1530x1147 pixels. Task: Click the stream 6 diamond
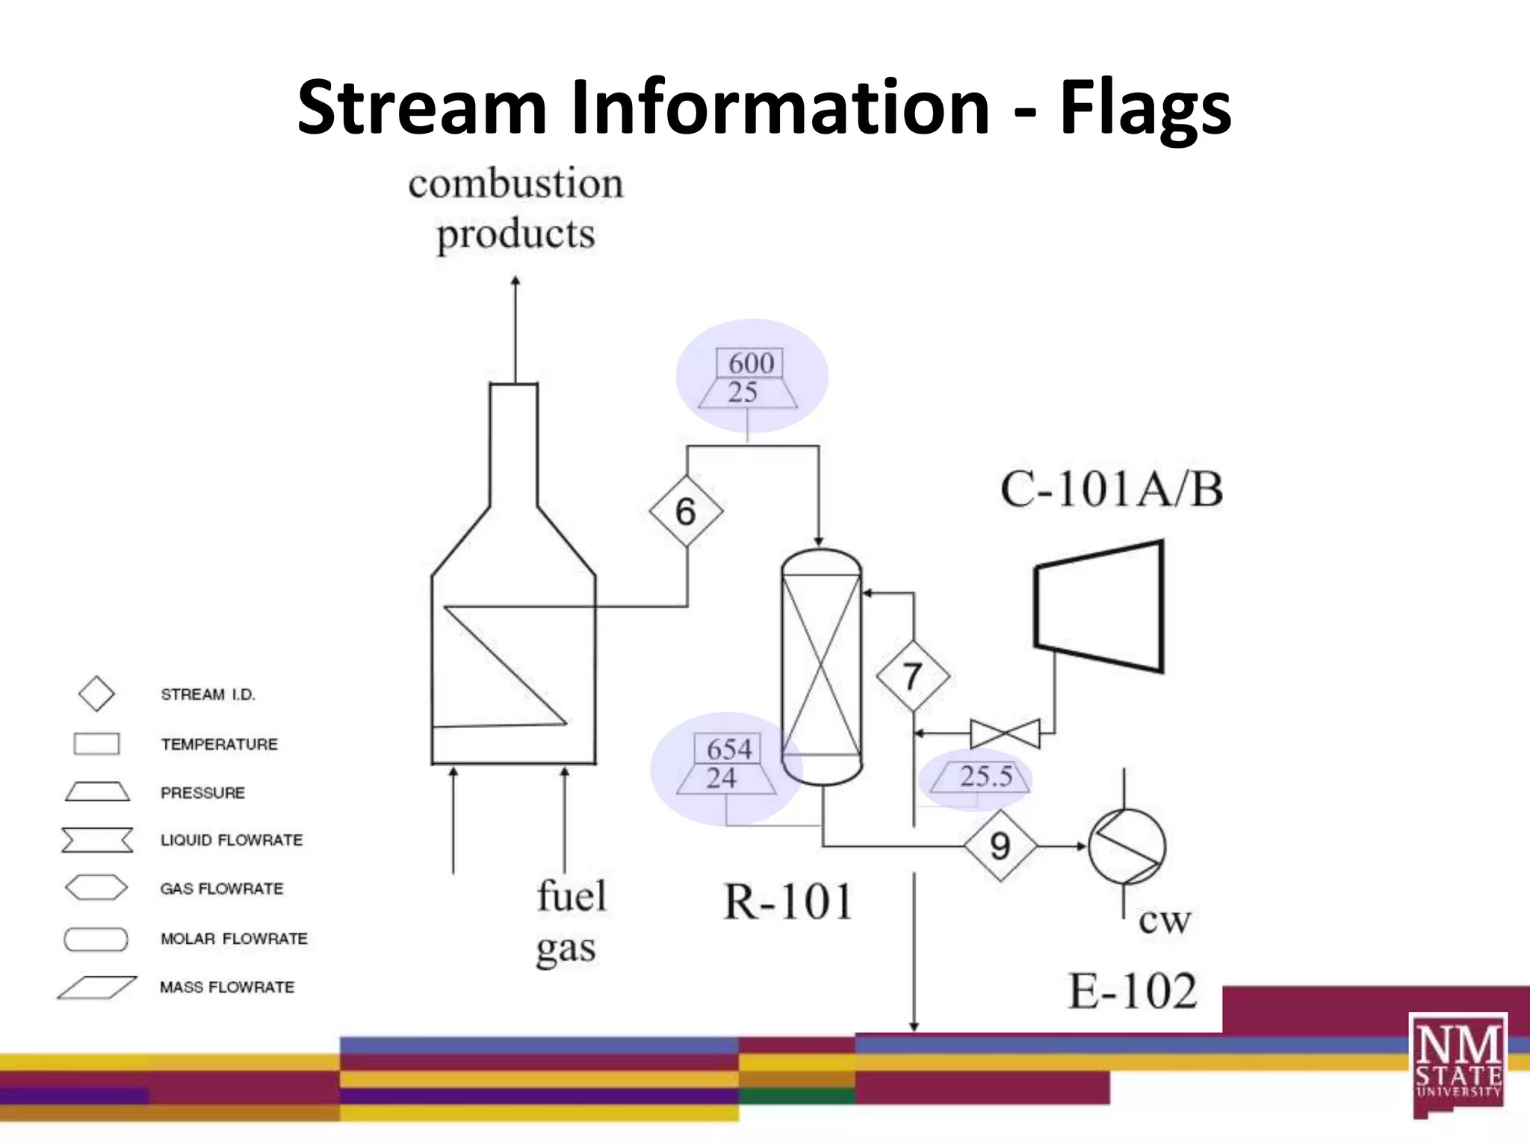(x=686, y=512)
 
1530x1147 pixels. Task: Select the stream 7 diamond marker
(x=912, y=677)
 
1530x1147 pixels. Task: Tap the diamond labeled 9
(x=1000, y=846)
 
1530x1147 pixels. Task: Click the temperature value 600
(x=750, y=363)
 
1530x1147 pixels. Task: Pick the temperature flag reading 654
(x=728, y=748)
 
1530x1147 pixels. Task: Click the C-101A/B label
(x=1111, y=491)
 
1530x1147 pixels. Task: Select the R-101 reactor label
(x=787, y=901)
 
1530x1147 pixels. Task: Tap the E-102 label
(x=1131, y=991)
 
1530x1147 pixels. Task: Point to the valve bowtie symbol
(x=1004, y=733)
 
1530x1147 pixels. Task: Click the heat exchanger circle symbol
(x=1126, y=846)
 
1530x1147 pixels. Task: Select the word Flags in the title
(x=1145, y=108)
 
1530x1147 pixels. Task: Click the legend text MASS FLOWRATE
(x=227, y=987)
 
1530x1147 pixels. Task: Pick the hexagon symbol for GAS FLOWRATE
(x=96, y=888)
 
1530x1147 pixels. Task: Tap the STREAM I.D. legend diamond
(x=96, y=694)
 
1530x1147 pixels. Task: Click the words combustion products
(x=515, y=208)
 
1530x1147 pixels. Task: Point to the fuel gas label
(x=570, y=921)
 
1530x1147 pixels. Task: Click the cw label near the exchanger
(x=1164, y=921)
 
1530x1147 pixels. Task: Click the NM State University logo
(x=1458, y=1063)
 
